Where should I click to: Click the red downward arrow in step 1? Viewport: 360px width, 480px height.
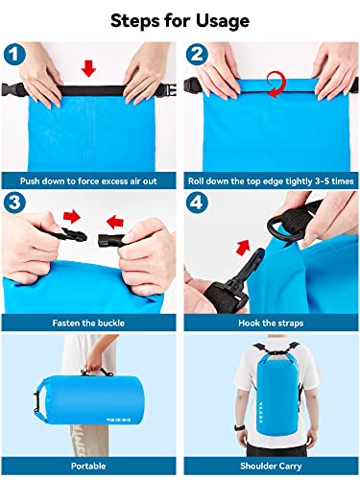pos(88,67)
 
